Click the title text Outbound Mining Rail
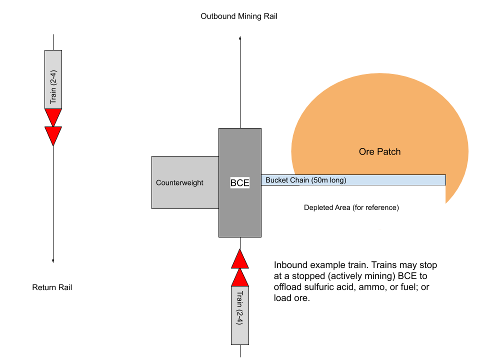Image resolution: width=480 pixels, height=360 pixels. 239,16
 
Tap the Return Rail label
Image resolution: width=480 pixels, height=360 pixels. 52,287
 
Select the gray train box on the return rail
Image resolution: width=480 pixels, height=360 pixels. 53,79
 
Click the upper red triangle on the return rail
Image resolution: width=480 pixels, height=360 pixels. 53,116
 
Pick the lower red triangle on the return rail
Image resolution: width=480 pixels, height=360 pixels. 53,135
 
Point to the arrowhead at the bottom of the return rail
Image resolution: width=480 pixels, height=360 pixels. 53,260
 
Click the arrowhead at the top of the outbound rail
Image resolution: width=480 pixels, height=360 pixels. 240,37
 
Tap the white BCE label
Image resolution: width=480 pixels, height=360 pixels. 239,183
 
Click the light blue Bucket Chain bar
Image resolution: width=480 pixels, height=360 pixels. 390,180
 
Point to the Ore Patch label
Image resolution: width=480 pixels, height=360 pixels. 380,151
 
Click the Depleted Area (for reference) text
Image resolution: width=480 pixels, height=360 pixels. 351,207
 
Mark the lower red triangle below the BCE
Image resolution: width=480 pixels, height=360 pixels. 240,277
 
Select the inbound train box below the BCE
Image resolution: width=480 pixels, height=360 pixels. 240,315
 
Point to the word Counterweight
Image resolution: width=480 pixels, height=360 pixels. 179,183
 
